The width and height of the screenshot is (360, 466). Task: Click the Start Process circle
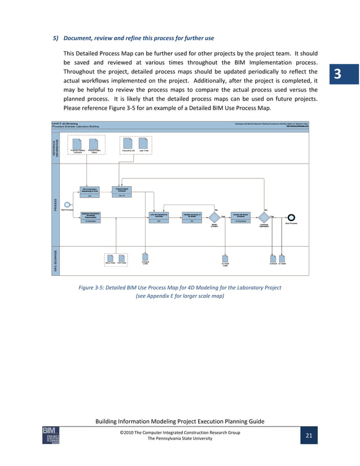[x=67, y=204]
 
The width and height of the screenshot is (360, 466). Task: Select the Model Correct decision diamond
[x=215, y=218]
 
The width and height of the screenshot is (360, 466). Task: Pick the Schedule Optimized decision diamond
[x=264, y=218]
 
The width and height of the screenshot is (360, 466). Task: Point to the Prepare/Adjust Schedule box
[x=122, y=192]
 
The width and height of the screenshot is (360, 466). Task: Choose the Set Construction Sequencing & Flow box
[x=90, y=192]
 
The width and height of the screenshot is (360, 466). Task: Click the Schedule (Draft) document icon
[x=145, y=256]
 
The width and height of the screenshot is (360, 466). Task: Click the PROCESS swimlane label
[x=55, y=204]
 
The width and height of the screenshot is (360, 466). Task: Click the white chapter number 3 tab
[x=337, y=74]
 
